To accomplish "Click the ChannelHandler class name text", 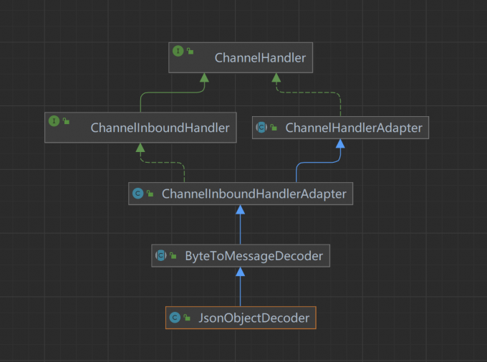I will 260,58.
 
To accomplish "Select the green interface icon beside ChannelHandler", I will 178,51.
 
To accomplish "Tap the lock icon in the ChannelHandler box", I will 190,52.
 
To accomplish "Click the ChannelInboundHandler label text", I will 160,128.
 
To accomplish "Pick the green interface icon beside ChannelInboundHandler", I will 53,120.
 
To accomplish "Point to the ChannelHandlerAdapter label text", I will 353,128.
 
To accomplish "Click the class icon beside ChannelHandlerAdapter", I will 261,128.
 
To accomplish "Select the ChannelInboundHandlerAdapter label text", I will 254,193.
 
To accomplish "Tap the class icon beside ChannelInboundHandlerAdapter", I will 138,193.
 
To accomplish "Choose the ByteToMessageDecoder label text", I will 254,254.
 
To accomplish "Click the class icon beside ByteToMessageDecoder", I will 160,254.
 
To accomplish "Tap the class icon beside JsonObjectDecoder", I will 175,317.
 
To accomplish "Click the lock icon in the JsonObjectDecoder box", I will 186,318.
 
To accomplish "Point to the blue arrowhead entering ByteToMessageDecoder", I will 241,272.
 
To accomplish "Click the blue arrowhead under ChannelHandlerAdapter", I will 340,144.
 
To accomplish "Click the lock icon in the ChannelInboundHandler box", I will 65,122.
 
